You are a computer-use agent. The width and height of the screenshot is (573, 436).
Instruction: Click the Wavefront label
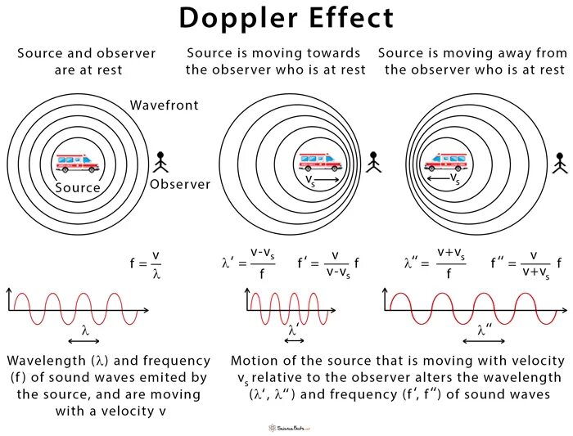point(164,106)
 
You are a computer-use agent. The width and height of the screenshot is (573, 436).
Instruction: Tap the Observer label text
point(180,184)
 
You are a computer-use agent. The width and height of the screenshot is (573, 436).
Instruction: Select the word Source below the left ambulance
point(78,187)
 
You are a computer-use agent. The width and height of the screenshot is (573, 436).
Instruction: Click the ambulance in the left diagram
point(77,163)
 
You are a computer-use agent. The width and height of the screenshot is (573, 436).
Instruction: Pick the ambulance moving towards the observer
point(320,161)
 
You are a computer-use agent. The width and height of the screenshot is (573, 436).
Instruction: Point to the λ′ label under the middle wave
point(292,330)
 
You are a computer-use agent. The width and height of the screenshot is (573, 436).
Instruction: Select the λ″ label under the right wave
point(486,330)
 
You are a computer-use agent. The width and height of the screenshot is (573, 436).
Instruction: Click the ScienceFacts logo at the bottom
point(286,426)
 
